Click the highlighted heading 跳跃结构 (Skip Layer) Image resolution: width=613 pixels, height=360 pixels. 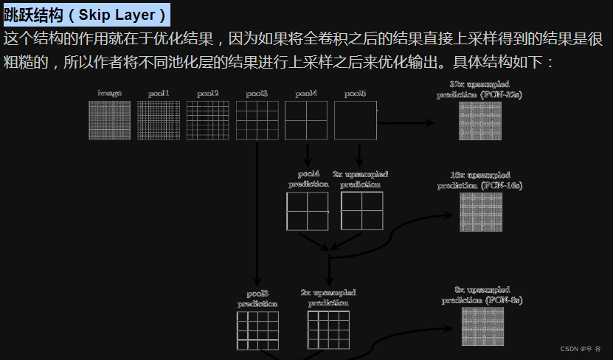86,14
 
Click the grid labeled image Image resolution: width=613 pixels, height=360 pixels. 109,120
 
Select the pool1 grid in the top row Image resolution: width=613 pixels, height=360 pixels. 159,120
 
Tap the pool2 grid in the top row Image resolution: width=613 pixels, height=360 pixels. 207,120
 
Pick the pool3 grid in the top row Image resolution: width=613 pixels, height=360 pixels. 257,120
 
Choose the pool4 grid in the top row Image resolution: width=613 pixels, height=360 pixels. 306,120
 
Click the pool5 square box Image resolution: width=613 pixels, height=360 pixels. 356,120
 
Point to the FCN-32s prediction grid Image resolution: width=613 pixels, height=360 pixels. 479,121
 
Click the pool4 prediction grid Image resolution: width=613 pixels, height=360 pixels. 308,211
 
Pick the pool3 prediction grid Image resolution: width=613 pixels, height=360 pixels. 257,330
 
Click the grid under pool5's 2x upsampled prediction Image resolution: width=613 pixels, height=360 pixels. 361,211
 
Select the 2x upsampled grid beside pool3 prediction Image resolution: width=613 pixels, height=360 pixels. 328,330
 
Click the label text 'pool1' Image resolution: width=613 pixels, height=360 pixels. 159,94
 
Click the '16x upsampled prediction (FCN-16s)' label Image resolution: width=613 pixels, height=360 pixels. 479,181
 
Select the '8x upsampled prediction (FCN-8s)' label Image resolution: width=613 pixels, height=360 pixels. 482,295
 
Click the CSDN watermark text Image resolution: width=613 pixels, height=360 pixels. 580,349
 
